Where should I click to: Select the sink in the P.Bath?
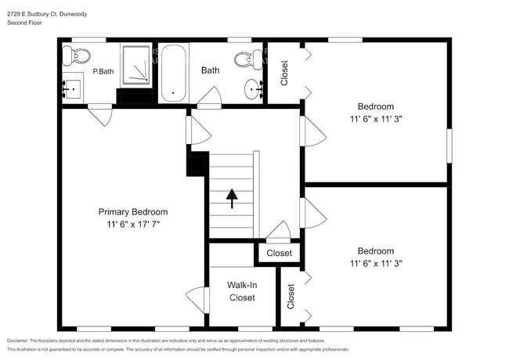72,88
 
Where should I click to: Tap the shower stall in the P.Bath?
138,65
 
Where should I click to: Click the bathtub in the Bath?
173,74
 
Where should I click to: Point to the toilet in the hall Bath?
251,58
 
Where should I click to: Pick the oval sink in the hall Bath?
254,90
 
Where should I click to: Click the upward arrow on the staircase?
232,198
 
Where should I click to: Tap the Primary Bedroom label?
132,212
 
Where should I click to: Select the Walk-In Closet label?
241,291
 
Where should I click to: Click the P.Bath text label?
104,72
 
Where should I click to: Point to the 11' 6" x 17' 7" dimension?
132,225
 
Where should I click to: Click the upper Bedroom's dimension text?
375,119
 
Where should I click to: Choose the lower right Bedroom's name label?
375,251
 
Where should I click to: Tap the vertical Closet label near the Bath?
284,73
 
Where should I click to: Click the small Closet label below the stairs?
279,254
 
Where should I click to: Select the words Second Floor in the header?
25,23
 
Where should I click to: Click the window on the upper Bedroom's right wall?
449,146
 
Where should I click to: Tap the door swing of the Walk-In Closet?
195,301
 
